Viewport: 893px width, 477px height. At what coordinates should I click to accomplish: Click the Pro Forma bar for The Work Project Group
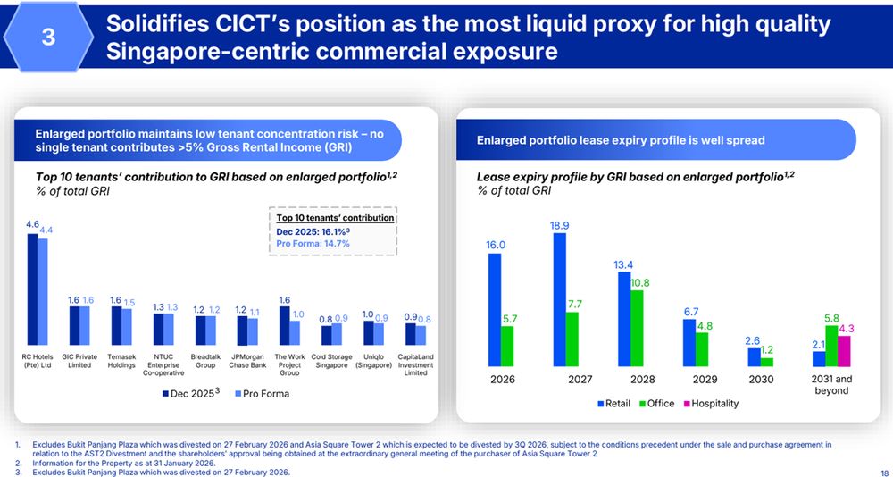click(294, 331)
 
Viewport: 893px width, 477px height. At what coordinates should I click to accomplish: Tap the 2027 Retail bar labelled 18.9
click(559, 299)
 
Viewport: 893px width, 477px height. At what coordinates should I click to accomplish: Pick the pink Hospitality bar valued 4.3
click(845, 351)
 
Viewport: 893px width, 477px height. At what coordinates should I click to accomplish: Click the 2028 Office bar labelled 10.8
click(637, 328)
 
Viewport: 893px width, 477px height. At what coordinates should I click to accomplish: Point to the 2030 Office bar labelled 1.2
click(766, 362)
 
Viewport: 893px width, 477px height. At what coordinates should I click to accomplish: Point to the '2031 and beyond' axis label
click(831, 385)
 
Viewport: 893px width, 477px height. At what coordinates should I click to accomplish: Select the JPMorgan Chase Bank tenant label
click(246, 361)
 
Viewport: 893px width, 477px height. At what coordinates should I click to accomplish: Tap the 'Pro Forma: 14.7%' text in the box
click(313, 243)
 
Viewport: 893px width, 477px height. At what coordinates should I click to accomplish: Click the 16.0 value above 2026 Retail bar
click(496, 245)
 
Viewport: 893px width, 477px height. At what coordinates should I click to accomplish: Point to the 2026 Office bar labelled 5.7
click(507, 346)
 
